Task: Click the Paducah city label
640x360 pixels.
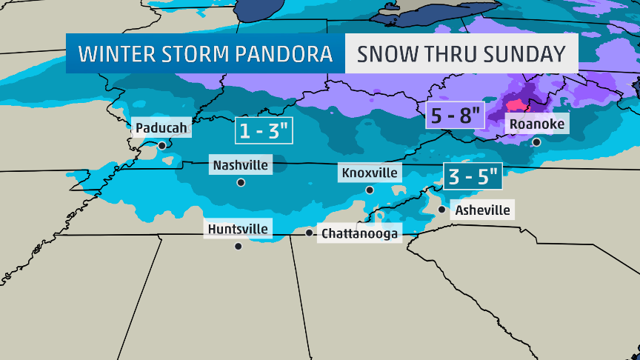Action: coord(161,128)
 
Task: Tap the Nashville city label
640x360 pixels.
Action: coord(240,164)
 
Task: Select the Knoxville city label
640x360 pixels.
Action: coord(370,173)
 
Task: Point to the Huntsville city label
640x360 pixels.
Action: coord(238,229)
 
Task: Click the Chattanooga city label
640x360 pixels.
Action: coord(360,233)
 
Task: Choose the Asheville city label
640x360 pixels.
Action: coord(482,210)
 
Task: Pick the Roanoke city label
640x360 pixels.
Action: coord(536,124)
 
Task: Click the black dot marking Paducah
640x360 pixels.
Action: coord(161,145)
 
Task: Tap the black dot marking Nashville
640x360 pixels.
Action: coord(240,182)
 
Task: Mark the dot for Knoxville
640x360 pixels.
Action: coord(370,190)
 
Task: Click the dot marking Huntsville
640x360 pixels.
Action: coord(238,246)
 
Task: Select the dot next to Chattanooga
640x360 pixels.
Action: coord(309,233)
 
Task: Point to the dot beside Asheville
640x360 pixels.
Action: coord(441,210)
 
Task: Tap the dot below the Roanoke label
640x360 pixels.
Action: coord(536,141)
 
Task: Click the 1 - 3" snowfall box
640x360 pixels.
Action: coord(264,132)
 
